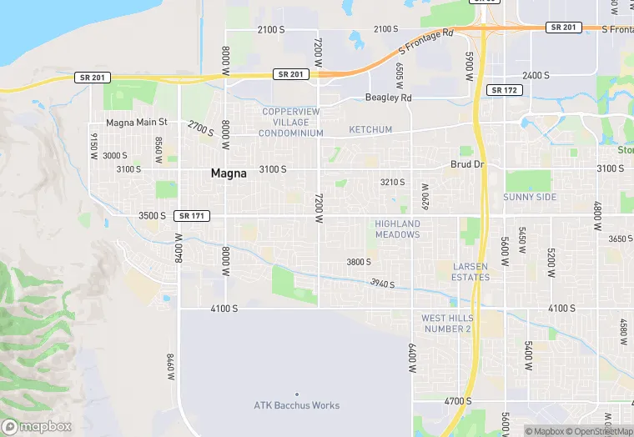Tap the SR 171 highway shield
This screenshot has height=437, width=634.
click(192, 216)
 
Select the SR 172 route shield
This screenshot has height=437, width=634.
click(505, 90)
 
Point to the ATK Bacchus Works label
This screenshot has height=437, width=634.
click(296, 405)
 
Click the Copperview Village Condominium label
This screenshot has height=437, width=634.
click(290, 122)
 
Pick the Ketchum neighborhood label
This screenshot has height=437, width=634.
click(370, 130)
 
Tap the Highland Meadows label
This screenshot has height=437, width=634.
click(397, 229)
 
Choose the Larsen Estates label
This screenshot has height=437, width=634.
click(470, 271)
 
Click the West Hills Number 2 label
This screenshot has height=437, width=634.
click(446, 324)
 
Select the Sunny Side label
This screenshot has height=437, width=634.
click(529, 197)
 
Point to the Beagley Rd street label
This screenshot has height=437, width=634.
click(389, 98)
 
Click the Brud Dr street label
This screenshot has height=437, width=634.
click(467, 165)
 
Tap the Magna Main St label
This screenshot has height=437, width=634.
click(137, 122)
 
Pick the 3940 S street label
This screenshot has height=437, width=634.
click(381, 284)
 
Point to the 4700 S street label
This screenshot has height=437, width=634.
click(458, 401)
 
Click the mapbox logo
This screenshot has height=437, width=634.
click(36, 426)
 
